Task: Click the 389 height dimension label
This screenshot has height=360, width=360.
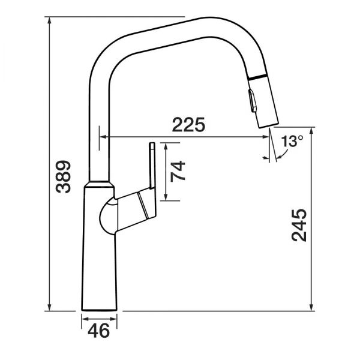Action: click(64, 176)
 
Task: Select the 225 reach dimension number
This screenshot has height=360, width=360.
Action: click(188, 125)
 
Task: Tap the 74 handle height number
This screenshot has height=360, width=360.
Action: click(178, 171)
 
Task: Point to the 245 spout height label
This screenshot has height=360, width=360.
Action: click(299, 225)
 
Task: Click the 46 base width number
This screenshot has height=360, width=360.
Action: click(99, 331)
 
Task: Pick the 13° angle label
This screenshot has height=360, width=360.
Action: click(292, 141)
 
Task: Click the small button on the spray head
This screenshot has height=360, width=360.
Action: click(252, 101)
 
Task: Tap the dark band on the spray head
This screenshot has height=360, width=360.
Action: click(257, 77)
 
